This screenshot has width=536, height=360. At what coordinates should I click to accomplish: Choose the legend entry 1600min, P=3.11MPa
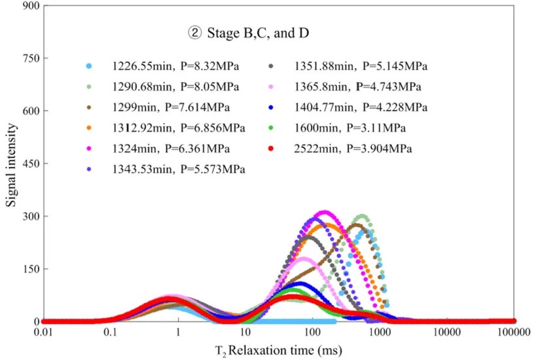[x=353, y=128]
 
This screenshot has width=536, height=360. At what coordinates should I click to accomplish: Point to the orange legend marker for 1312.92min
[x=90, y=128]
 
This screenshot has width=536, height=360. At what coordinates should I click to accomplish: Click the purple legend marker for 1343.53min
[x=90, y=170]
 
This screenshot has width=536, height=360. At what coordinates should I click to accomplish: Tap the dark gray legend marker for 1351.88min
[x=270, y=66]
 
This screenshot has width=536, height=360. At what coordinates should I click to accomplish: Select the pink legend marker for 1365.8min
[x=270, y=87]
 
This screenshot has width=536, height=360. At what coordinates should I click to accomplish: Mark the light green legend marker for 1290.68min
[x=90, y=87]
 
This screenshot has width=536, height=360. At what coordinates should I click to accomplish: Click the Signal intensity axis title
[x=11, y=164]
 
